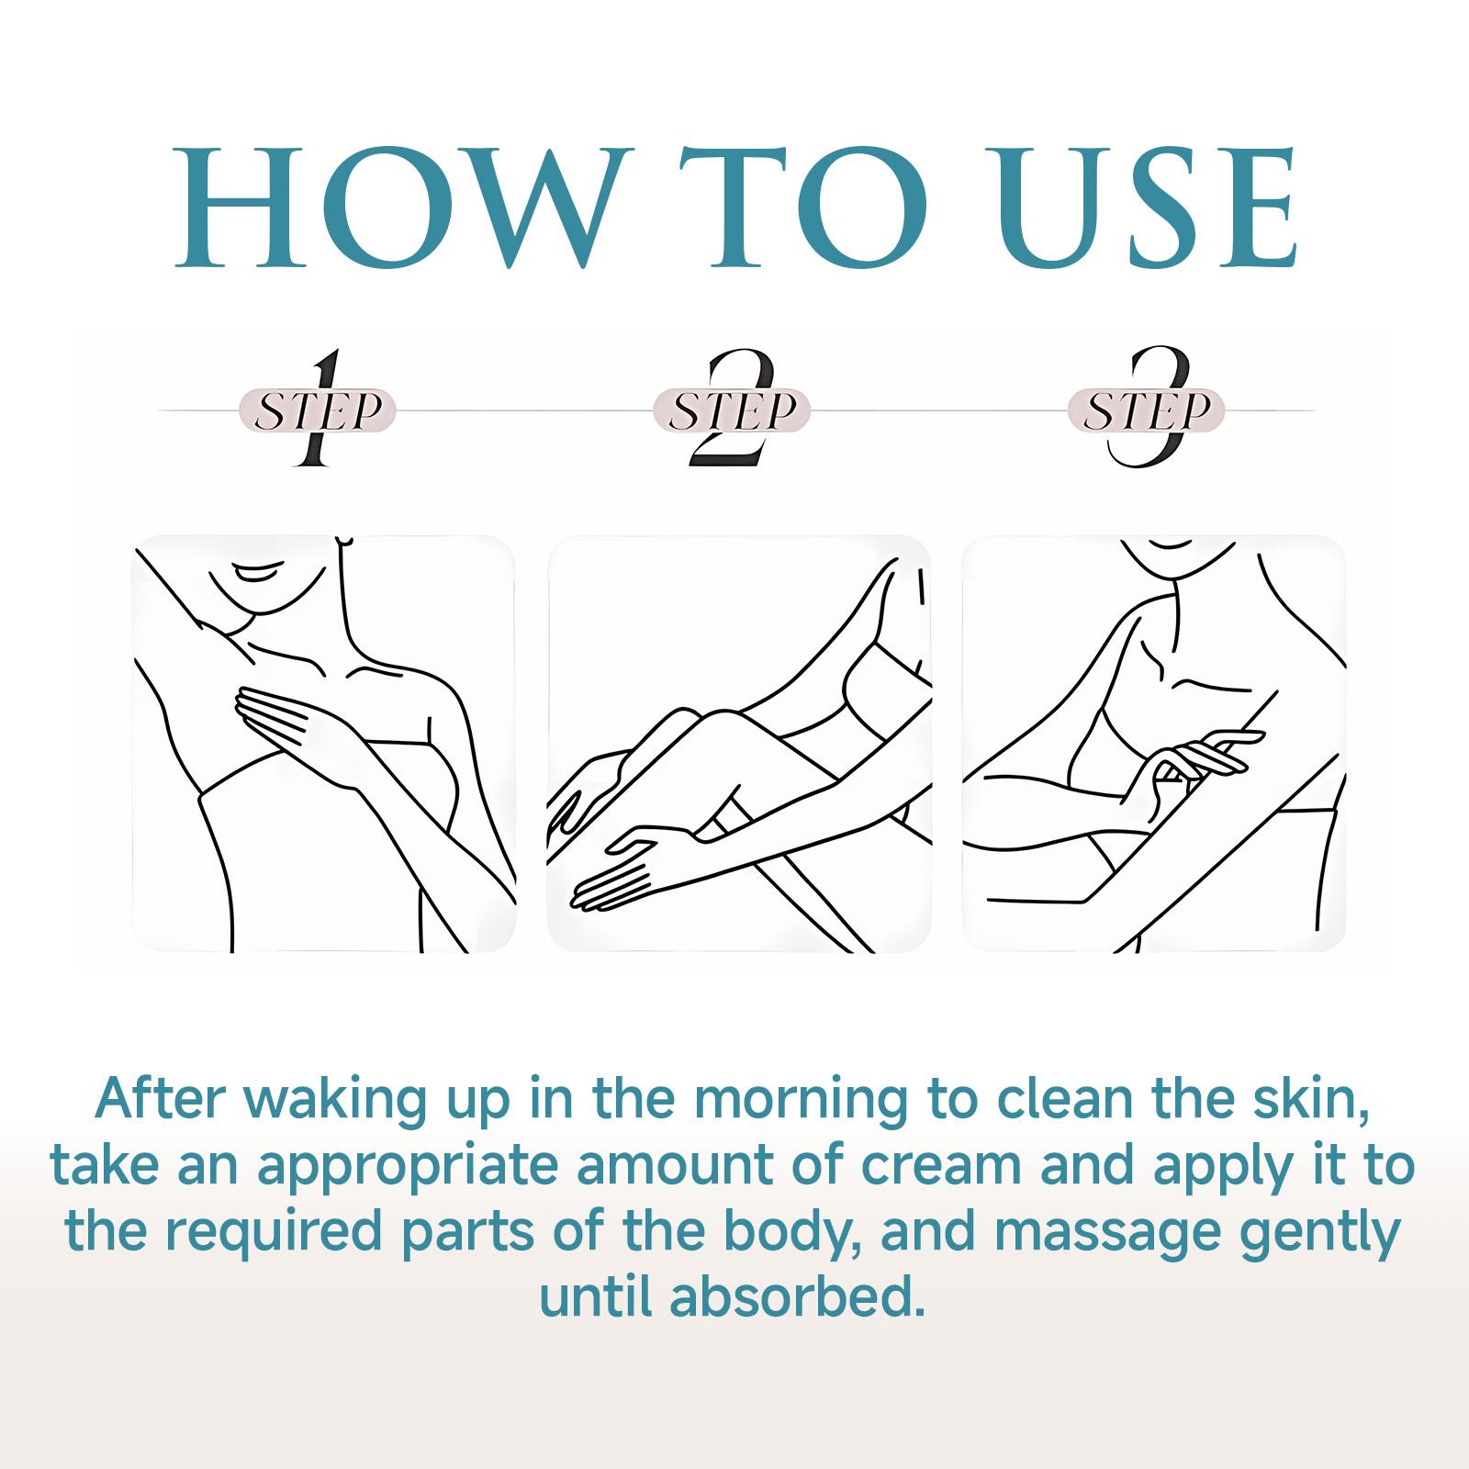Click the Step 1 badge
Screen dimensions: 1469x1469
click(318, 409)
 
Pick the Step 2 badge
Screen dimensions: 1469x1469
click(732, 409)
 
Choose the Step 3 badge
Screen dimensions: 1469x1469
click(1146, 409)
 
